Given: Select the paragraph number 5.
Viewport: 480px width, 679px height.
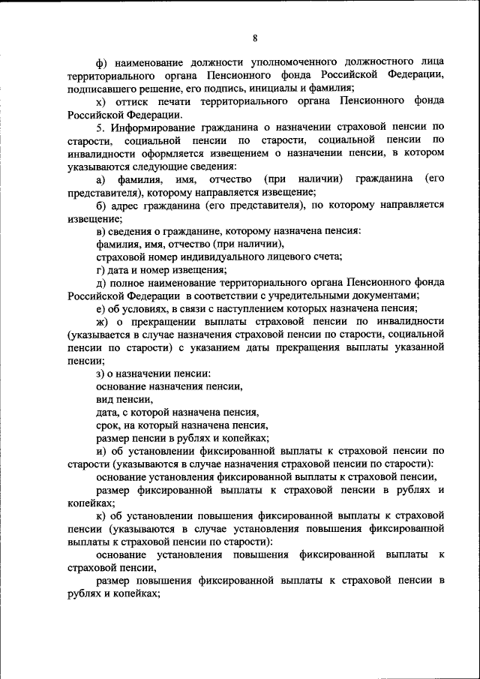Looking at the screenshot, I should coord(100,128).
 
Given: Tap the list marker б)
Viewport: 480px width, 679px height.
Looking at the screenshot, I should coord(102,205).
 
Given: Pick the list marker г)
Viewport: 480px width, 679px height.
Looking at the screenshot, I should coord(101,269).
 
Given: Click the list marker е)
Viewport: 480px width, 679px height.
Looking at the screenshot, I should coord(101,308).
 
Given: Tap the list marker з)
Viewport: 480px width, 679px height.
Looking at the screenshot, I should coord(101,374).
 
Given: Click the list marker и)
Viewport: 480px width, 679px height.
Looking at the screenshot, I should coord(102,451).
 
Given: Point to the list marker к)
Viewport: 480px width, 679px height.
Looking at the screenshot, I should coord(102,515).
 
